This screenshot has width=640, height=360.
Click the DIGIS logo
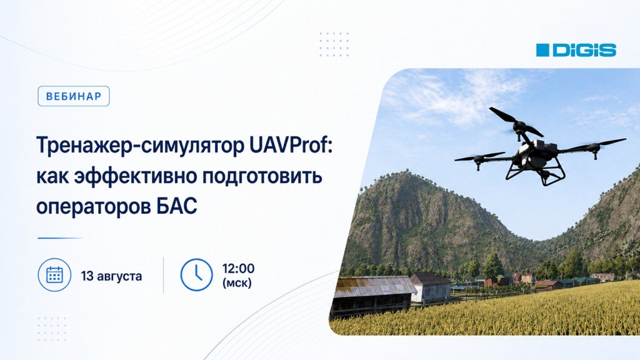coord(576,50)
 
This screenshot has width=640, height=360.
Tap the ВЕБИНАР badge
coord(74,96)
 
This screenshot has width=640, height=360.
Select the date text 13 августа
coord(111,276)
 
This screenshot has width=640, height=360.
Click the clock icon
coord(196,275)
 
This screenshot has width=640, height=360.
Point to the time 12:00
coord(238,269)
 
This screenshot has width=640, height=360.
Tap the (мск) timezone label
coord(237,282)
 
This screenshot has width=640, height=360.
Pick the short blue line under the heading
coord(59,238)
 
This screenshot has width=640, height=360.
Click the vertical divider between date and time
coord(163,275)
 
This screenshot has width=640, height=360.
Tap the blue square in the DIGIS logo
coord(543,50)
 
